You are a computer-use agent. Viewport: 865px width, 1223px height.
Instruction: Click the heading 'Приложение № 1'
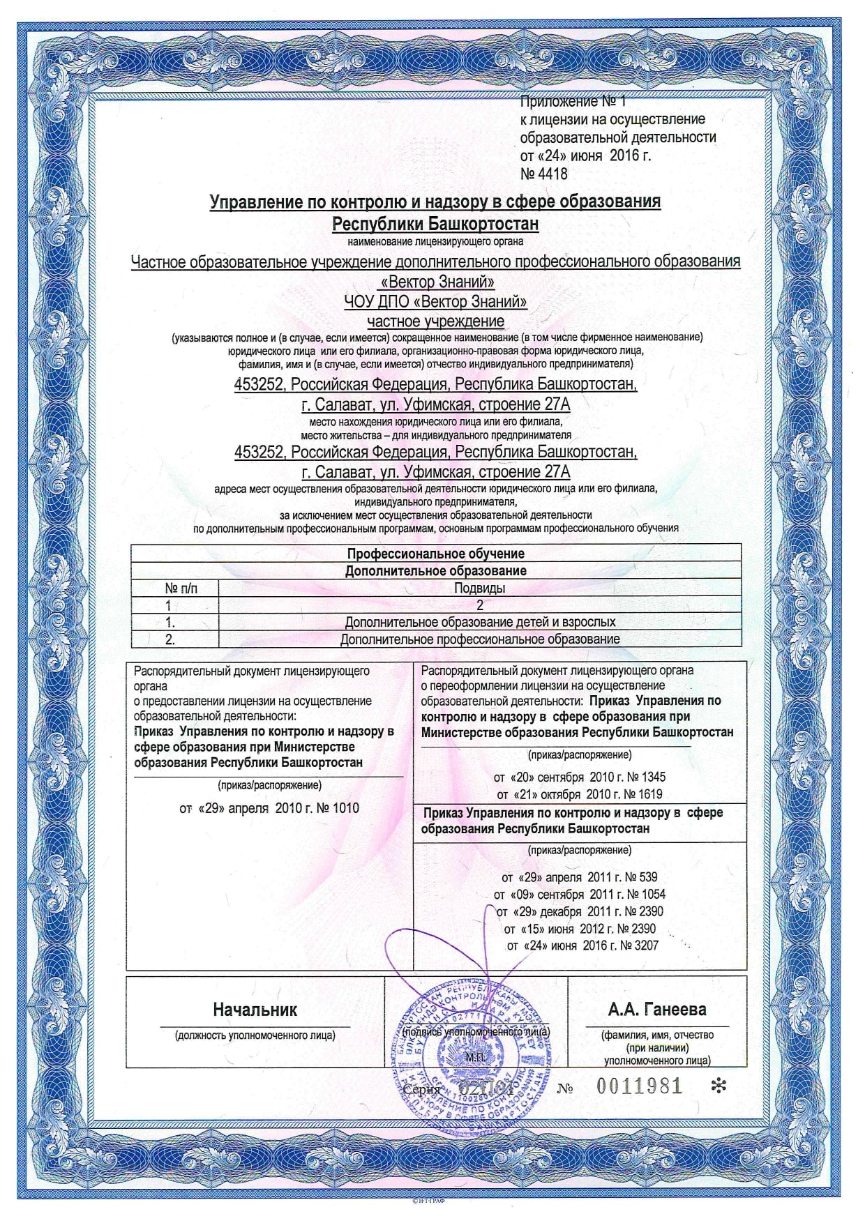(x=573, y=102)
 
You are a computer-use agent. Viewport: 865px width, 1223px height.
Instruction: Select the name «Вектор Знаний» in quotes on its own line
(x=435, y=282)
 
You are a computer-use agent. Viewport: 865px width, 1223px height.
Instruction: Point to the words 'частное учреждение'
(x=435, y=321)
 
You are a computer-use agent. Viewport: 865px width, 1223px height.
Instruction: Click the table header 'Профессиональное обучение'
(x=435, y=554)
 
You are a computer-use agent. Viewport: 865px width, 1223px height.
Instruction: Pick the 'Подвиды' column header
(x=479, y=588)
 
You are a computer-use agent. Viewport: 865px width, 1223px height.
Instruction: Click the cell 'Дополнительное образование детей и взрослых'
(x=479, y=622)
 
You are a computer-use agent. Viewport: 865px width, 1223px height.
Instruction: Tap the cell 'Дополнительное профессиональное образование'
(x=479, y=639)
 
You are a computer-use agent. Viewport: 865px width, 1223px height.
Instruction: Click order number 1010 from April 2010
(x=346, y=808)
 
